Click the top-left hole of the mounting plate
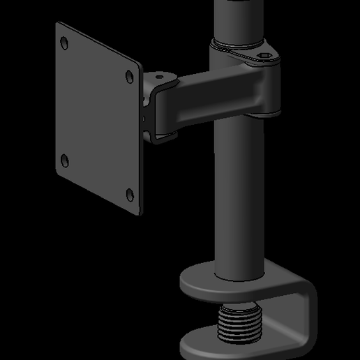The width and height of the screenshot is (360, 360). click(x=65, y=43)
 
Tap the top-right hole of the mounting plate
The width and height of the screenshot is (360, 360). click(x=130, y=76)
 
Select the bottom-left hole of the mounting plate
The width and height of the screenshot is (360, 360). click(x=65, y=160)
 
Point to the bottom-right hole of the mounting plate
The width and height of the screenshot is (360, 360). click(x=130, y=193)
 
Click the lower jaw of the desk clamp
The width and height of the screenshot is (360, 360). click(x=209, y=345)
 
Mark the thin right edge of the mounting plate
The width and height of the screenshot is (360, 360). click(x=142, y=140)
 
